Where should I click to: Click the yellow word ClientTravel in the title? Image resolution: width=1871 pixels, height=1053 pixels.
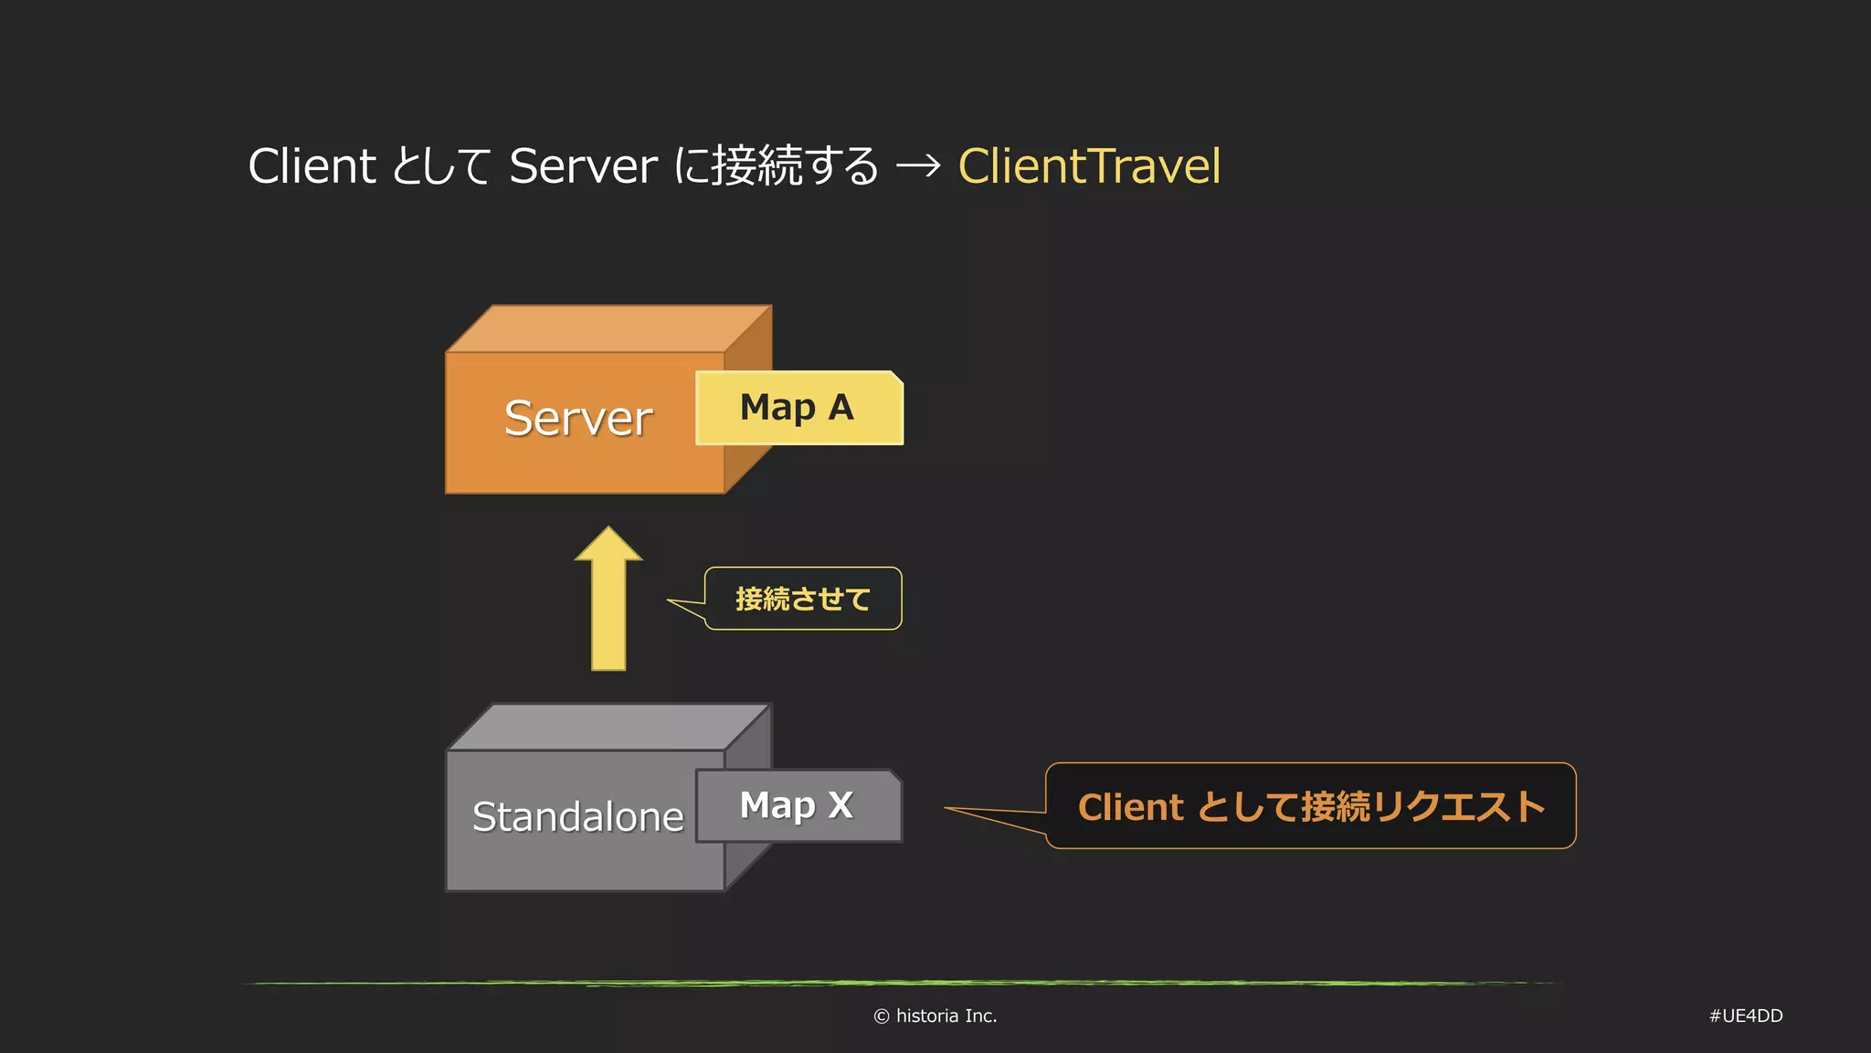pos(1089,166)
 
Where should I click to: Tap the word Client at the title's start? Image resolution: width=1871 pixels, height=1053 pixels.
pos(312,166)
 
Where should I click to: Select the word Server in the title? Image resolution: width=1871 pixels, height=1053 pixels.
pos(583,166)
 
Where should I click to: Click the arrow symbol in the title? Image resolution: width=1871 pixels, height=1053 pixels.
pos(918,166)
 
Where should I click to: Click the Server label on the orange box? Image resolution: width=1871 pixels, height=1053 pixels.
pos(578,419)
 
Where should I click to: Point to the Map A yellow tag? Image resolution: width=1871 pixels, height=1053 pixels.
pos(798,408)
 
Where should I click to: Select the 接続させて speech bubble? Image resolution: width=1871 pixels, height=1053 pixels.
pos(803,599)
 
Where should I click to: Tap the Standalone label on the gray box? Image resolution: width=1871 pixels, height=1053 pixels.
pos(577,817)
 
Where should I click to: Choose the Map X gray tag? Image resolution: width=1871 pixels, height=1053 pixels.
pos(798,805)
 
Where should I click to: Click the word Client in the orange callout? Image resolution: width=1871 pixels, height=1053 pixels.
pos(1131,807)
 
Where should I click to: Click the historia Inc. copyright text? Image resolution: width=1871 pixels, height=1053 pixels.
pos(935,1016)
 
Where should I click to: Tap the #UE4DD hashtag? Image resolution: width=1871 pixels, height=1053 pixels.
pos(1746,1016)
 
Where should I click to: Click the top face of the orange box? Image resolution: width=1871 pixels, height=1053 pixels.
pos(608,329)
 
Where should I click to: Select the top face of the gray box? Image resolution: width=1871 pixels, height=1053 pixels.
pos(608,728)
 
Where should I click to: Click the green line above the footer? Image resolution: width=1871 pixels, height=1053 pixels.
pos(900,984)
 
